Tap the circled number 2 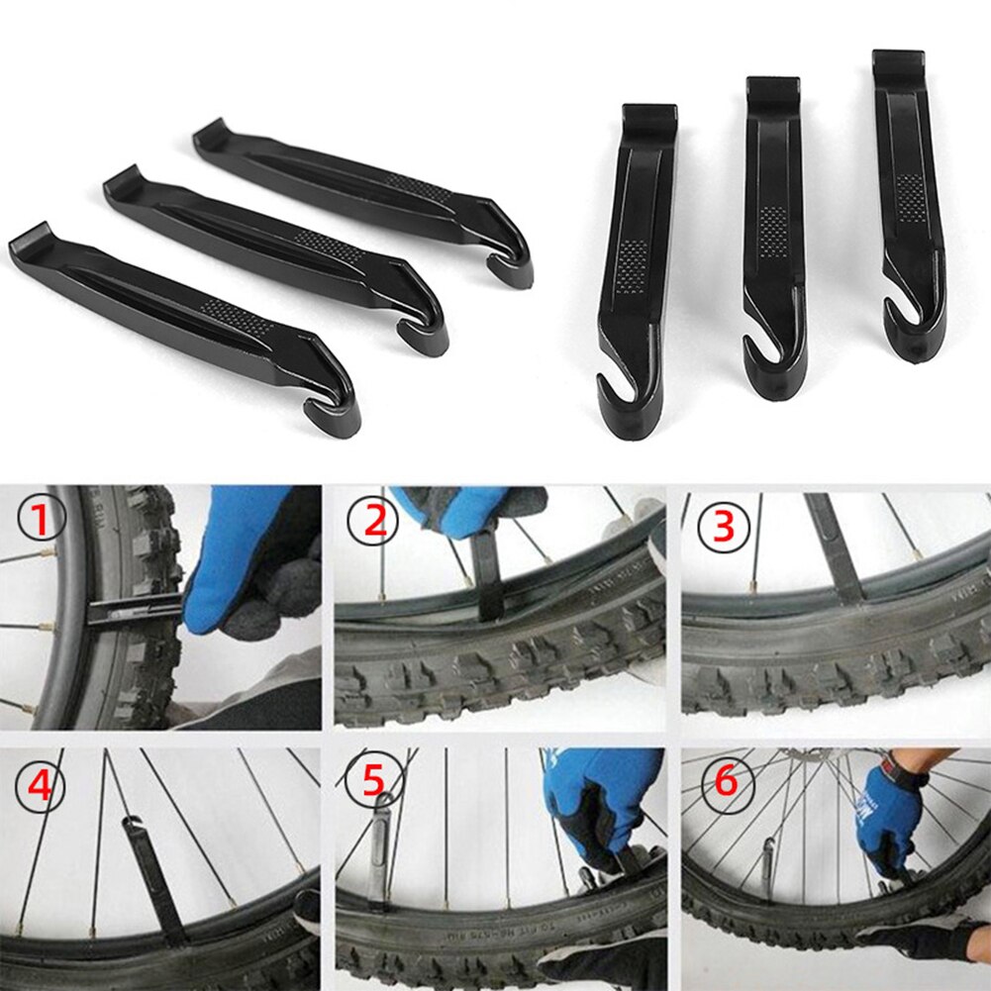pyautogui.click(x=375, y=522)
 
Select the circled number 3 pyautogui.click(x=724, y=526)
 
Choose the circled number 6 pyautogui.click(x=726, y=783)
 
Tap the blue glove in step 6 pyautogui.click(x=885, y=812)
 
